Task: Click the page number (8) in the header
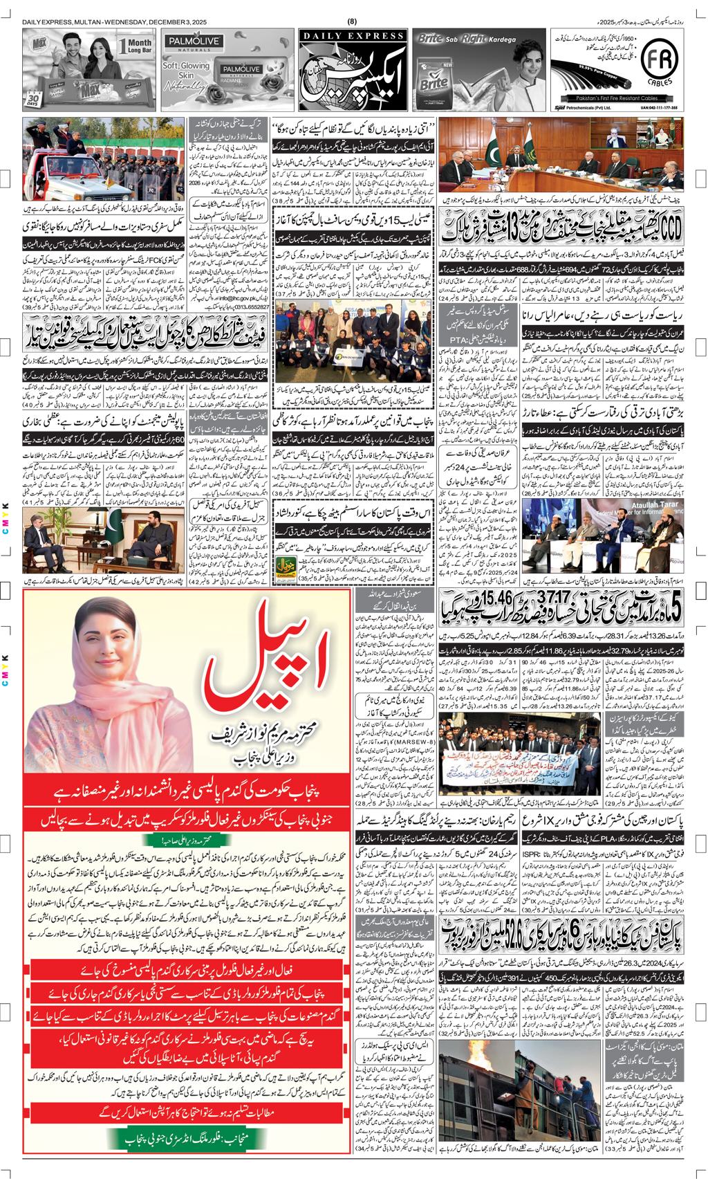pos(353,21)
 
